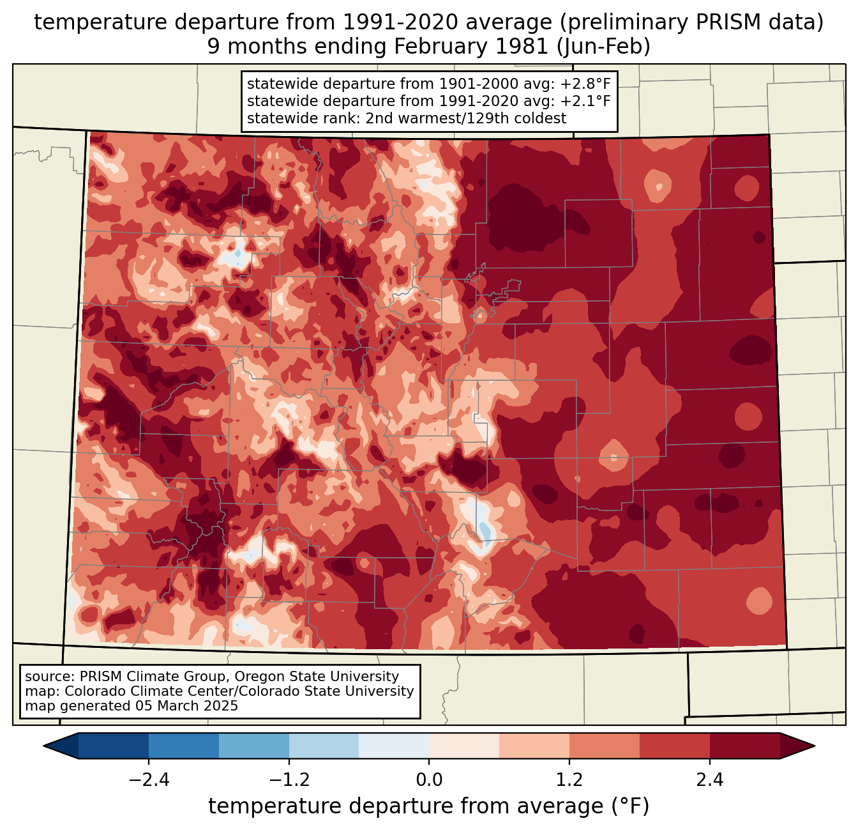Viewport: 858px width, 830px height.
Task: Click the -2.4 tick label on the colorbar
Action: [148, 780]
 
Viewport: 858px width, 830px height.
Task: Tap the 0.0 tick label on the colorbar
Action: [429, 780]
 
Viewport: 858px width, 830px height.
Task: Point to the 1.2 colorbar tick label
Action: [569, 780]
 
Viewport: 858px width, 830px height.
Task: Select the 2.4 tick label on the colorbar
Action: [709, 780]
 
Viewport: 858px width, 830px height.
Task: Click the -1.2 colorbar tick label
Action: [289, 780]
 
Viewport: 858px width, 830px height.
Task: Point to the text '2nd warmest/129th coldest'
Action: [465, 118]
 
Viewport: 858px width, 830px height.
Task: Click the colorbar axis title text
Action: [429, 806]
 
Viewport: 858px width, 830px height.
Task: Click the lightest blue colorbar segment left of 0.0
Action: [394, 746]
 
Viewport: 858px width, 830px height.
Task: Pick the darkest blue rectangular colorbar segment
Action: [114, 746]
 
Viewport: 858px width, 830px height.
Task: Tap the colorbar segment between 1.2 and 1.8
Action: [605, 746]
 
